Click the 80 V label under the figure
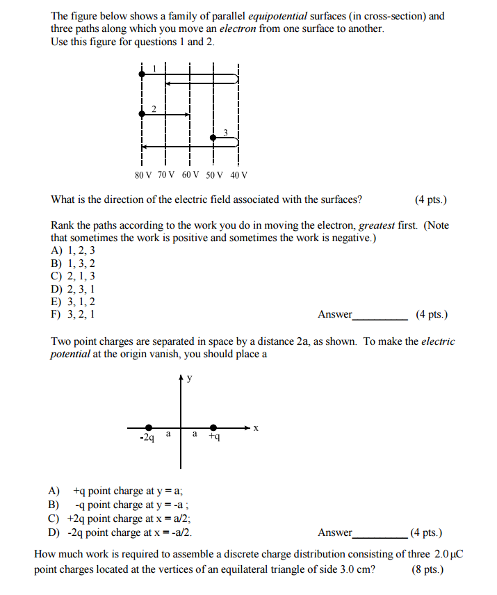click(143, 175)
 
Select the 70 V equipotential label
click(167, 175)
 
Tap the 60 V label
click(190, 175)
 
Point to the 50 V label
click(214, 175)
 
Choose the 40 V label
click(238, 175)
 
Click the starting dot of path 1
click(142, 73)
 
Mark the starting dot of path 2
click(142, 113)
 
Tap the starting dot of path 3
click(214, 138)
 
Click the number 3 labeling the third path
click(225, 131)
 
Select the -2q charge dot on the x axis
click(149, 427)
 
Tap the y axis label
click(190, 378)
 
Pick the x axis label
click(255, 428)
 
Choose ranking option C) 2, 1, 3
click(73, 276)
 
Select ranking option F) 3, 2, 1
click(73, 313)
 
